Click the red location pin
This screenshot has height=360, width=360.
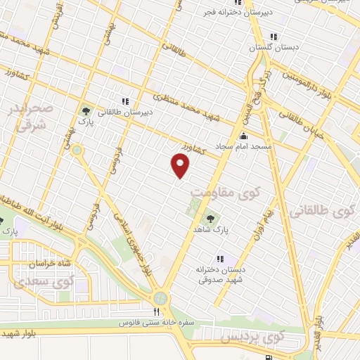pos(181,165)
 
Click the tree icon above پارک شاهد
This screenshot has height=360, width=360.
pos(210,219)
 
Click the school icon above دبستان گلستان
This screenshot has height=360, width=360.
pos(273,37)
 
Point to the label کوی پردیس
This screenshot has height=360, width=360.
pos(246,338)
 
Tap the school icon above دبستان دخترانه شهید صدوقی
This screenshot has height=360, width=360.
pos(221,259)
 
